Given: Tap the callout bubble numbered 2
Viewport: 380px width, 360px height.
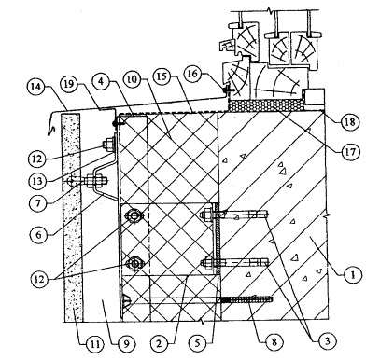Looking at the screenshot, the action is [159, 342].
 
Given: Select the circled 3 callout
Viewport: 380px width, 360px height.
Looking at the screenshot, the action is [327, 341].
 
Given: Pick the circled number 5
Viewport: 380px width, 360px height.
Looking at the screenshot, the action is [198, 342].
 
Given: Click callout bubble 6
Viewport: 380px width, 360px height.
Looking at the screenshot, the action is [38, 235].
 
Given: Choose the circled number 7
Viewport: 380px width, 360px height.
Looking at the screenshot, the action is [37, 203].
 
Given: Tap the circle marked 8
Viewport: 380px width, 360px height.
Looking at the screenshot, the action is [274, 342].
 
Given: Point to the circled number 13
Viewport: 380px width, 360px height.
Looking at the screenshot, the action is [37, 181].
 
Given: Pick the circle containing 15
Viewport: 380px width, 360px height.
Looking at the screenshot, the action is [162, 76].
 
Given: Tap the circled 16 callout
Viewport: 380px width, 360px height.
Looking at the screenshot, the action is [193, 75].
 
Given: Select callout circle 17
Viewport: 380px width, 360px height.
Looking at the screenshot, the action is [351, 152].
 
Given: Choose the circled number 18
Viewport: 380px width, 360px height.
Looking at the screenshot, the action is [350, 121].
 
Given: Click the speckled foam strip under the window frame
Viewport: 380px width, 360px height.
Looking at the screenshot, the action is [266, 105].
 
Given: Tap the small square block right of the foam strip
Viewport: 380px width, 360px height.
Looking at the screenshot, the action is [314, 96].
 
